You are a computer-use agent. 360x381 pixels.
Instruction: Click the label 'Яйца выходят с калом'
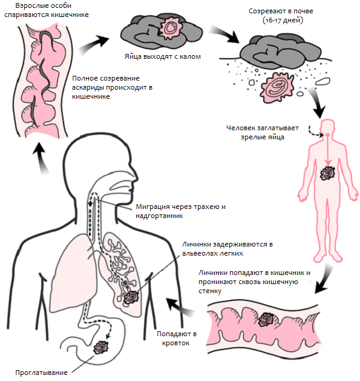(x=163, y=56)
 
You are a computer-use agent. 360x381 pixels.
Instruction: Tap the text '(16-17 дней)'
(x=283, y=20)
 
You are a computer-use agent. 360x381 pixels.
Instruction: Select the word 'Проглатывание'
(x=41, y=373)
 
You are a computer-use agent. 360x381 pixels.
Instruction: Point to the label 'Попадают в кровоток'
(x=177, y=339)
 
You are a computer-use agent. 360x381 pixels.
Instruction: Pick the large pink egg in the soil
(x=277, y=87)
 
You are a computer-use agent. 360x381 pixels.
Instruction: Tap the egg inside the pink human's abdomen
(x=327, y=173)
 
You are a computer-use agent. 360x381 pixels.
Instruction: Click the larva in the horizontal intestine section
(x=266, y=319)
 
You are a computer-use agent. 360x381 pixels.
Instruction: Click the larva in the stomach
(x=101, y=347)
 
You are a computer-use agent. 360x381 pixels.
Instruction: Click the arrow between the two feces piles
(x=224, y=35)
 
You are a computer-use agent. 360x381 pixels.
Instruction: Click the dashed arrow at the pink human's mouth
(x=315, y=131)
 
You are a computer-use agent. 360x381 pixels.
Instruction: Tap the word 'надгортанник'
(x=159, y=216)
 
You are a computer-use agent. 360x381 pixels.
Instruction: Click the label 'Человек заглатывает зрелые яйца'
(x=263, y=133)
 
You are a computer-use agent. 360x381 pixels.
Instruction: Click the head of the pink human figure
(x=328, y=128)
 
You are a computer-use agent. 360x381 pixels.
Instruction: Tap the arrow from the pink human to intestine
(x=324, y=279)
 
